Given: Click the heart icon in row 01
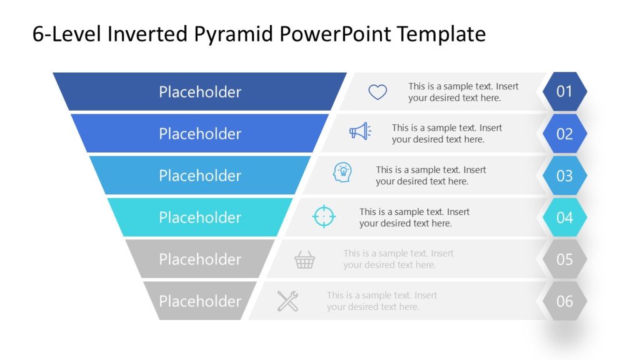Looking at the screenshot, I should coord(377,92).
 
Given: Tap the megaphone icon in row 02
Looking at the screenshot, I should coord(360,131).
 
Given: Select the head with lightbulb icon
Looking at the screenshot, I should coord(342,172).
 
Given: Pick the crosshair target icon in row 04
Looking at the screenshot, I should coord(324,216).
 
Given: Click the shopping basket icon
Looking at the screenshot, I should coord(304,259).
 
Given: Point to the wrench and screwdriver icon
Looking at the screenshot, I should coord(287,301).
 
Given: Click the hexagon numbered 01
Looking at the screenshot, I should coord(564,92).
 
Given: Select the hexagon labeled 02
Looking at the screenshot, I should coord(564,134).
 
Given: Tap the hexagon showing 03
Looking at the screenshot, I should coord(564,176).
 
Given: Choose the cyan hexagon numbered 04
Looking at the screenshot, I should coord(564,217).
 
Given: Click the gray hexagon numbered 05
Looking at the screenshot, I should coord(564,259).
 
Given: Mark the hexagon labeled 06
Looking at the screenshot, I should coord(564,301).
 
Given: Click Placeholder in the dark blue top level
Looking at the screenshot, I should coord(200,92).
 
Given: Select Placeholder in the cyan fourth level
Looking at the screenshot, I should coord(200,217).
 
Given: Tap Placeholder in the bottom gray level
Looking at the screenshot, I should coord(200,301).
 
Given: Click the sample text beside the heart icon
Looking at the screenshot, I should coord(463,92).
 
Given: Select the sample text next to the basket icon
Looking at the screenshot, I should coord(398,259).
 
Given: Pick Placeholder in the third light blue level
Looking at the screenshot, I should coord(200,176).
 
